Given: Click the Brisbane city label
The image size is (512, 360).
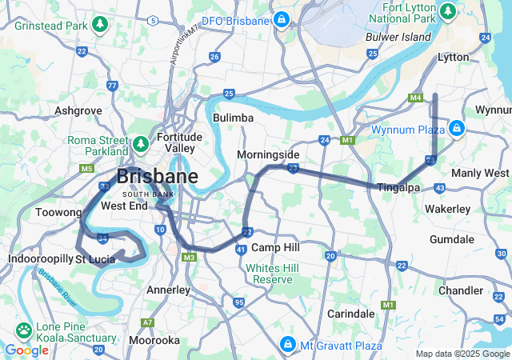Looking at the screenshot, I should pos(157,177).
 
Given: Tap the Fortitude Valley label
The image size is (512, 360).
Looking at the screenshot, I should pos(179,142).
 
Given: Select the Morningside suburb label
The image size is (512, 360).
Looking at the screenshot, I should pos(268,154).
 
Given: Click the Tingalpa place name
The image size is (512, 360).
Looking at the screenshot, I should pos(398,188).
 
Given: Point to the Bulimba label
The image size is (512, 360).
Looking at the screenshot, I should pos(234,118).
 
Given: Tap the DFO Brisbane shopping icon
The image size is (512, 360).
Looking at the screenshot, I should pos(281,19).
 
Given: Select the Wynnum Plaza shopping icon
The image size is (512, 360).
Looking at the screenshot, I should pos(456,128).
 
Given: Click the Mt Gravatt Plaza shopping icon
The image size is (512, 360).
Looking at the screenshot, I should pos(286,346).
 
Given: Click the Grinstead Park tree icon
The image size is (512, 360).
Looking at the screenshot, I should pos(100,24).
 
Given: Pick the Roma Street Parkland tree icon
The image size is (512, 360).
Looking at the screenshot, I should pos(141,144).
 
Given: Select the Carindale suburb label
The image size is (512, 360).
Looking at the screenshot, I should pos(350,314).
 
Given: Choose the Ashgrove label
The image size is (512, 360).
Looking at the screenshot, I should pos(78,111).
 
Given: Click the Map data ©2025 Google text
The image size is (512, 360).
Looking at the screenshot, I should pos(462,354).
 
